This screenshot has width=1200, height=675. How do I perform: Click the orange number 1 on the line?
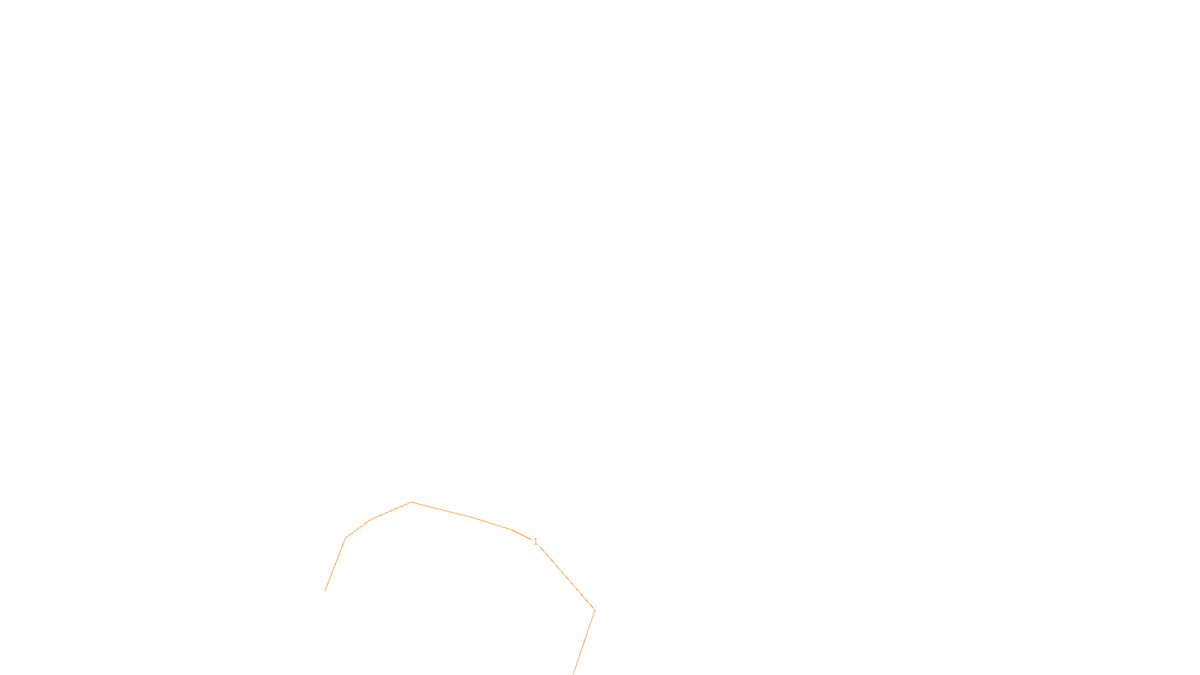pyautogui.click(x=535, y=541)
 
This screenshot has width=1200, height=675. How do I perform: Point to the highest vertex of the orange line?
pyautogui.click(x=412, y=502)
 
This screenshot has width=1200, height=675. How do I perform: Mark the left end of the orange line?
pyautogui.click(x=325, y=590)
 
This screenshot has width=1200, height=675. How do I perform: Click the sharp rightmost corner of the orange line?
pyautogui.click(x=594, y=610)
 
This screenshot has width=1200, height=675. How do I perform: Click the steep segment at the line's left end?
pyautogui.click(x=335, y=564)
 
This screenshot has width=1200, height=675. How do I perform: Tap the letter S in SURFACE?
pyautogui.click(x=585, y=661)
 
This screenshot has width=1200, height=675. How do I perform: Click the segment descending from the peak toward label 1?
pyautogui.click(x=461, y=515)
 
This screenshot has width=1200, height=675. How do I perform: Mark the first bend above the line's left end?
pyautogui.click(x=345, y=538)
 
